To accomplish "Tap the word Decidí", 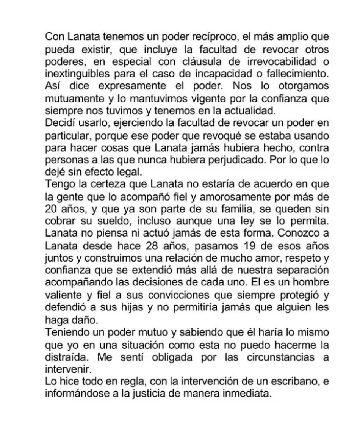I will (58, 123).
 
